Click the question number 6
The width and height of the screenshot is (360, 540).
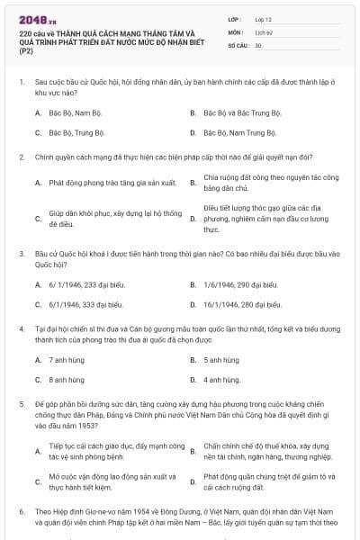click(21, 510)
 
